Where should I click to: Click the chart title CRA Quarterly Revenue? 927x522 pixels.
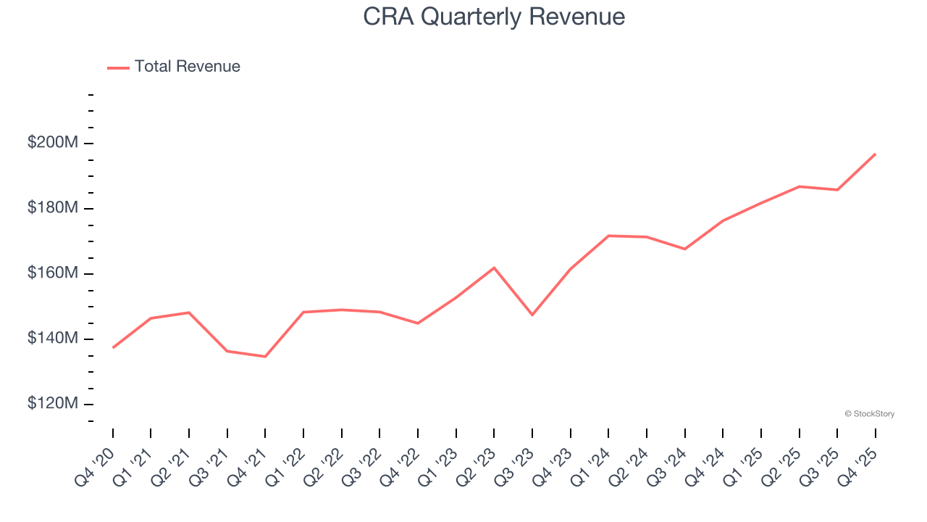pyautogui.click(x=494, y=16)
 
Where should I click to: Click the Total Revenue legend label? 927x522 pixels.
pyautogui.click(x=187, y=67)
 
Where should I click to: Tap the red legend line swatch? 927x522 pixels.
pyautogui.click(x=118, y=67)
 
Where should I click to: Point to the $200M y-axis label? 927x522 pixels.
pyautogui.click(x=52, y=143)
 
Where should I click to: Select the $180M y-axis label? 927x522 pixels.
pyautogui.click(x=52, y=208)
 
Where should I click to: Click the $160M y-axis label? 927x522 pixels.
pyautogui.click(x=52, y=273)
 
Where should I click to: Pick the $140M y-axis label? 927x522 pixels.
pyautogui.click(x=52, y=339)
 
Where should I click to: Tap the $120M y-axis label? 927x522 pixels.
pyautogui.click(x=52, y=404)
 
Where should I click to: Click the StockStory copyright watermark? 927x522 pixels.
pyautogui.click(x=869, y=414)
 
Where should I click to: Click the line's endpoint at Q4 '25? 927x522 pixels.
pyautogui.click(x=875, y=154)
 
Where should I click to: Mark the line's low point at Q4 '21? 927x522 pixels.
pyautogui.click(x=265, y=357)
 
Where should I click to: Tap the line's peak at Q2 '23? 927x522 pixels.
pyautogui.click(x=494, y=268)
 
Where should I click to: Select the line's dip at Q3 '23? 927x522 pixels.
pyautogui.click(x=532, y=315)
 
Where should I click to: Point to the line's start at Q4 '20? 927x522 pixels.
pyautogui.click(x=113, y=347)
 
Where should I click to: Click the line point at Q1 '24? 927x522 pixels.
pyautogui.click(x=608, y=236)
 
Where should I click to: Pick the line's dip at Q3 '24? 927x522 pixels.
pyautogui.click(x=684, y=249)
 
